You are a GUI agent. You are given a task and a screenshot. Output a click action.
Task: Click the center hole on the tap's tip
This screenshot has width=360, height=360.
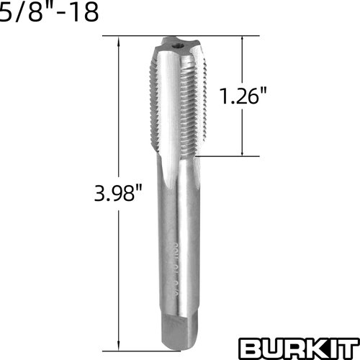178,47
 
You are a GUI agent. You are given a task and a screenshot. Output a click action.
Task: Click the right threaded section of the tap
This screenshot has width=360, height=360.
199,101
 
